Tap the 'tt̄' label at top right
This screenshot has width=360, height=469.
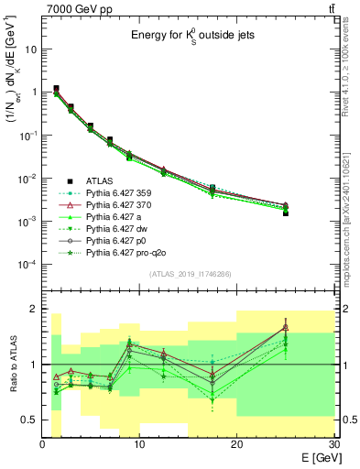tap(331, 8)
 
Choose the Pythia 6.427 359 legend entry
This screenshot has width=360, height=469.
tap(121, 193)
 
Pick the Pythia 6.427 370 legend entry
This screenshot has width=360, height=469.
tap(121, 207)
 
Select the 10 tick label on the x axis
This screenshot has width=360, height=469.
tap(139, 444)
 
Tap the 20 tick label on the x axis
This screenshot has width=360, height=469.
tap(236, 444)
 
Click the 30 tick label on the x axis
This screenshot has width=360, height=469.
tap(333, 444)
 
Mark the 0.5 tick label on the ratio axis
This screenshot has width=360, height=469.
tap(29, 420)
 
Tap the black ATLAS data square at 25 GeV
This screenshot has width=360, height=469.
tap(285, 213)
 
